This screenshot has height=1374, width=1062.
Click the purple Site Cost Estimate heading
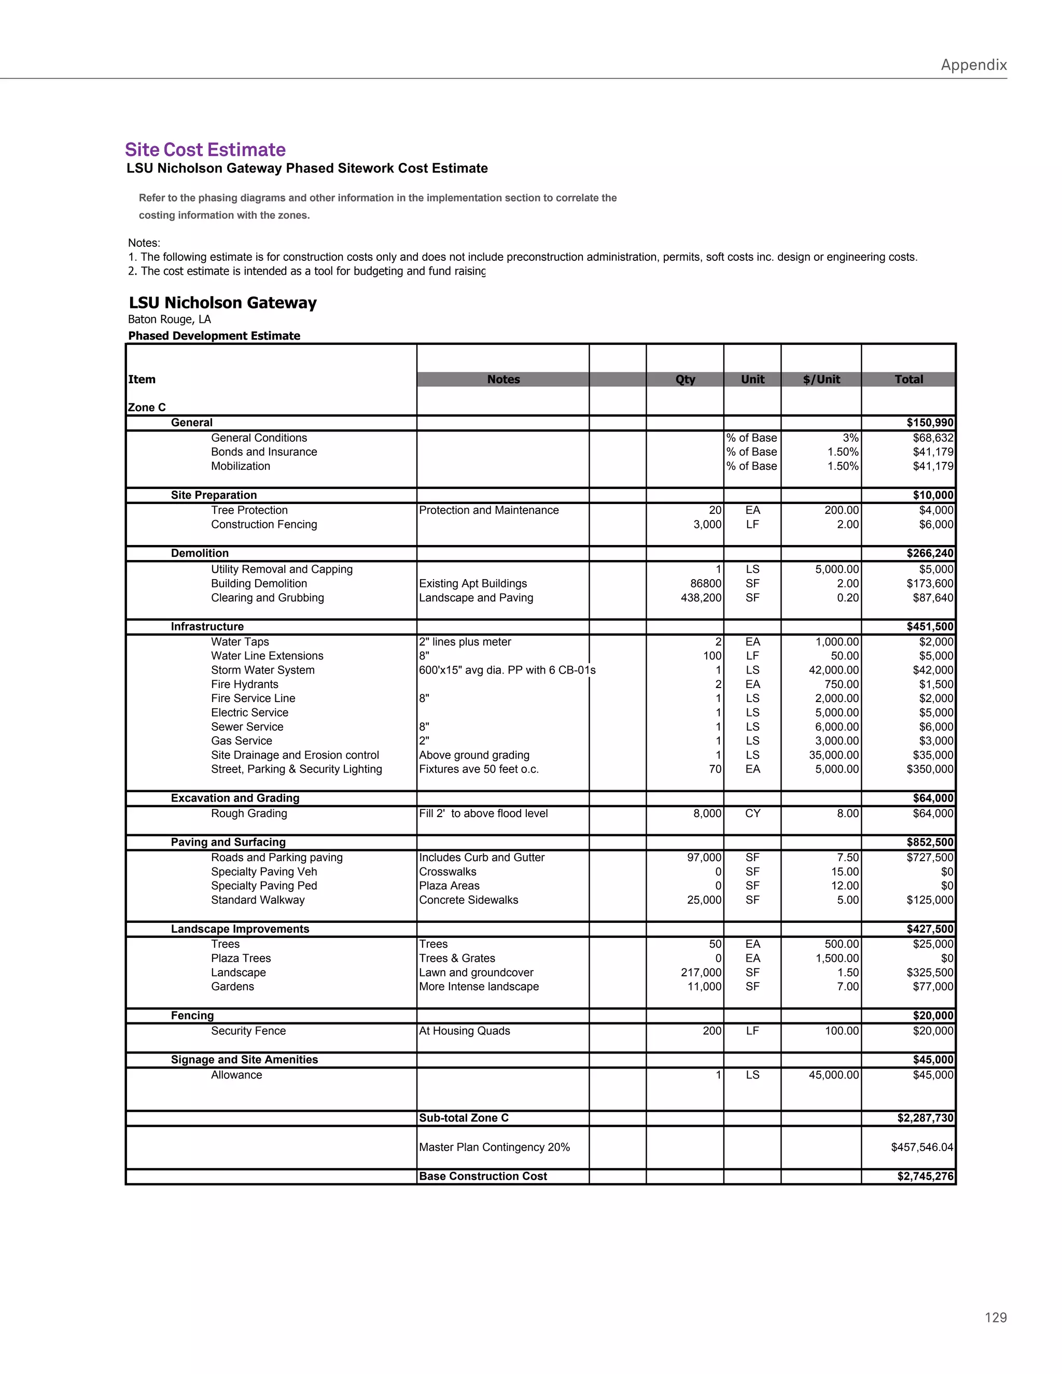(205, 150)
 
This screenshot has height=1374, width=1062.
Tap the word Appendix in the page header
(973, 65)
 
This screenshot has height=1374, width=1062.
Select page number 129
(995, 1317)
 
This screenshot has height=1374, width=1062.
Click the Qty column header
(684, 380)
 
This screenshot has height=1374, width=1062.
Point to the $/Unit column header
(821, 380)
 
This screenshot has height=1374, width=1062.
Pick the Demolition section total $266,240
(930, 554)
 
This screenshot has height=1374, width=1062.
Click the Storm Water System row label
(262, 670)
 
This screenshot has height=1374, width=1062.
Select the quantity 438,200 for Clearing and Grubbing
(701, 598)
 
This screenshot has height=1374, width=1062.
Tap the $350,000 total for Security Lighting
(930, 769)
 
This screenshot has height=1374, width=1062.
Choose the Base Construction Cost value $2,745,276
(926, 1176)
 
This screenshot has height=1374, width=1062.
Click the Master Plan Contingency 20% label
(495, 1147)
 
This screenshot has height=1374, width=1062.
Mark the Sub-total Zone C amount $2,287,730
(926, 1118)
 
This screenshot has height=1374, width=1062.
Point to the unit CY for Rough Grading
(752, 814)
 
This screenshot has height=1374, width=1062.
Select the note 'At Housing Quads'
(464, 1031)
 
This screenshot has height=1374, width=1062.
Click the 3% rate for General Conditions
(850, 438)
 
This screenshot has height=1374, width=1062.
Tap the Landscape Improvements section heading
(240, 929)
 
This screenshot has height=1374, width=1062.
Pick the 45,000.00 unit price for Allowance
(834, 1074)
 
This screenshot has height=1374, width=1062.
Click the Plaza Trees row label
(241, 958)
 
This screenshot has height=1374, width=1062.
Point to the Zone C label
(147, 408)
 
